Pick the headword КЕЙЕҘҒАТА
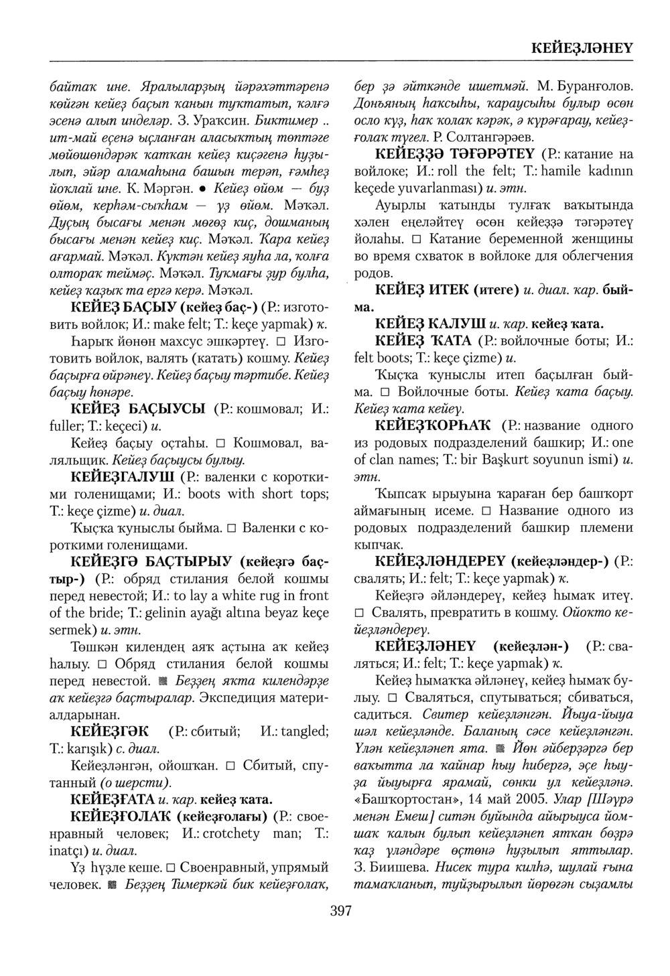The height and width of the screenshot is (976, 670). (112, 800)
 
